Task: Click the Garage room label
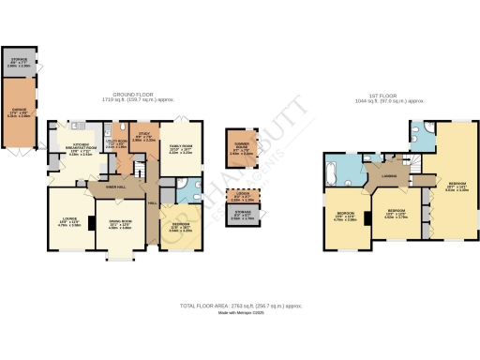coord(18,114)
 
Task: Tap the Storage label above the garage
coord(18,63)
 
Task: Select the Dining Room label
coord(120,226)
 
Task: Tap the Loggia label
coord(241,197)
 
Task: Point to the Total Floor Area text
coord(240,307)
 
